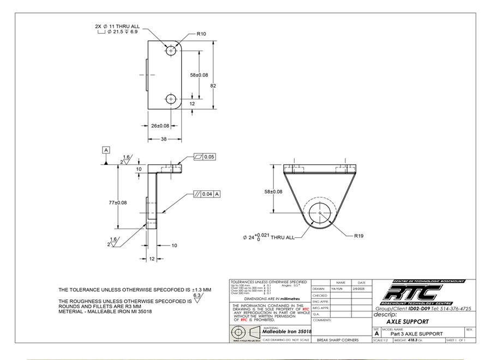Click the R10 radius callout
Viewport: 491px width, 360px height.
click(x=201, y=34)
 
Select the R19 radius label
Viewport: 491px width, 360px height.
click(x=358, y=236)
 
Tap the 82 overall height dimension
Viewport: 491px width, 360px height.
click(x=213, y=86)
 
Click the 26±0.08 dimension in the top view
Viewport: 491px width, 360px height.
click(x=160, y=126)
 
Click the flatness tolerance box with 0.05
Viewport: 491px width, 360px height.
click(x=205, y=157)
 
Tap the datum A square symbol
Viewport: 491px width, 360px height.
click(x=105, y=149)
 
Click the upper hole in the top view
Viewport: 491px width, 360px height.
click(x=172, y=50)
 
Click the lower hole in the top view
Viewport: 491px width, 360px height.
click(x=172, y=99)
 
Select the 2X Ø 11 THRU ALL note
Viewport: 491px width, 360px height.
click(x=117, y=26)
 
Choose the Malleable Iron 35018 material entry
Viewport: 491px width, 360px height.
click(x=287, y=331)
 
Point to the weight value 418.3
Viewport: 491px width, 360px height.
click(x=418, y=340)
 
